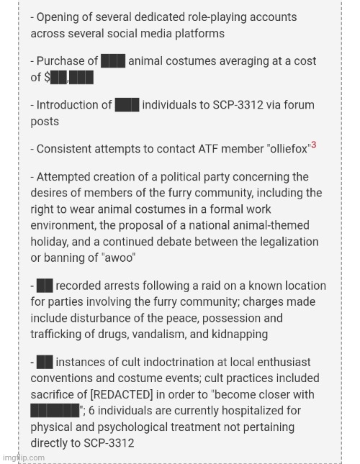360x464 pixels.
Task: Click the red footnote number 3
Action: point(314,145)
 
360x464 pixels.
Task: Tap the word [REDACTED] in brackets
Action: point(122,395)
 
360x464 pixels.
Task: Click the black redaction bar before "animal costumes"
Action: point(114,61)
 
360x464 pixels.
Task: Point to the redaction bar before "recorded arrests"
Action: point(45,286)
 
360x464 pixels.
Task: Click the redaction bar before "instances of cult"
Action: point(45,362)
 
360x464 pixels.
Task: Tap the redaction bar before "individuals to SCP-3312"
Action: point(127,105)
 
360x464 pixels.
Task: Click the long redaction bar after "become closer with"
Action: point(55,411)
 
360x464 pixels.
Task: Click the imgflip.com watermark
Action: point(24,458)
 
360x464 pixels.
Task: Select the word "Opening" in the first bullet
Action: point(60,17)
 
